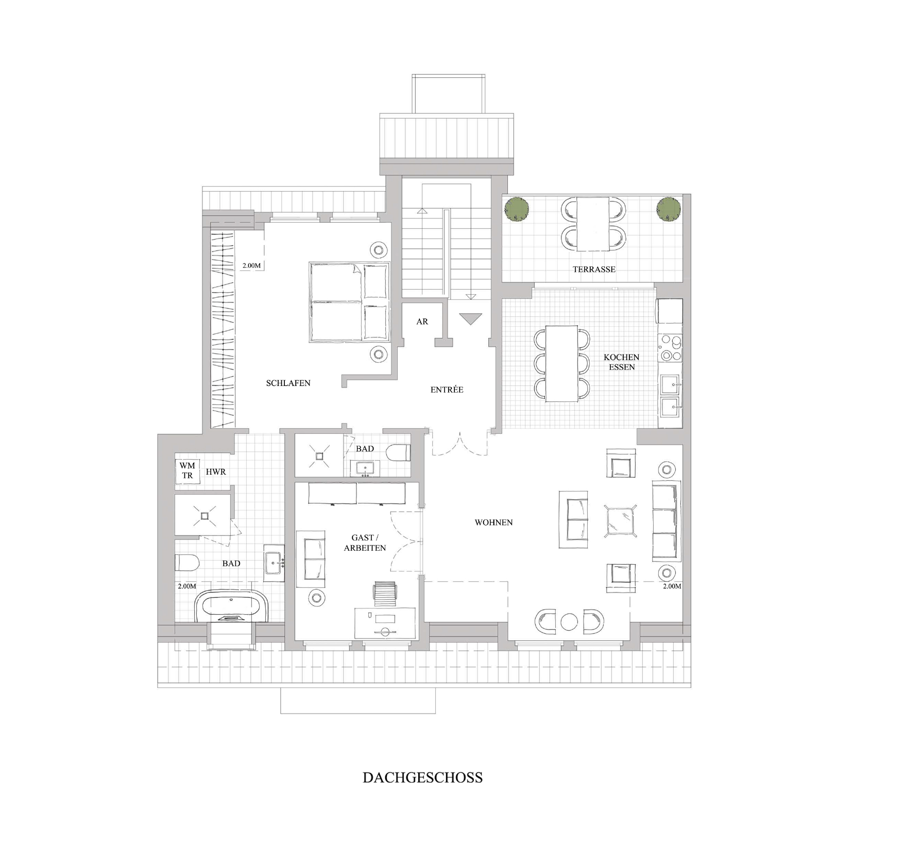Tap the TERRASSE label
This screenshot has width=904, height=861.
[x=594, y=269]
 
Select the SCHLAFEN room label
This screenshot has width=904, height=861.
[x=288, y=383]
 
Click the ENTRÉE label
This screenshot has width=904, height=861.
[x=447, y=390]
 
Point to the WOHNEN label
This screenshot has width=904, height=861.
[x=493, y=522]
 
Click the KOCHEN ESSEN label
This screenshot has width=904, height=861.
[x=622, y=362]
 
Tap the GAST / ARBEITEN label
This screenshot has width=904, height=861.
[x=365, y=543]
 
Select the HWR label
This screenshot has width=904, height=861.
[x=216, y=471]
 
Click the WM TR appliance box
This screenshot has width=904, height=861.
[x=187, y=471]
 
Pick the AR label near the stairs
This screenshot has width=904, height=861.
[x=422, y=322]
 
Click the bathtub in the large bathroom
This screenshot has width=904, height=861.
[x=233, y=606]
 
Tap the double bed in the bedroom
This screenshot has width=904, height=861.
[x=349, y=302]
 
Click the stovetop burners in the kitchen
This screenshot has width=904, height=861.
[x=670, y=347]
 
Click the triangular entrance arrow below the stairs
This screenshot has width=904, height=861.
[x=469, y=319]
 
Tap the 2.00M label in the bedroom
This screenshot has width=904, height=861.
[x=252, y=266]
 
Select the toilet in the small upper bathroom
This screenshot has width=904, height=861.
[x=399, y=452]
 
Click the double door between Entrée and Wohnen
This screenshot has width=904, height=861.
[x=459, y=443]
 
